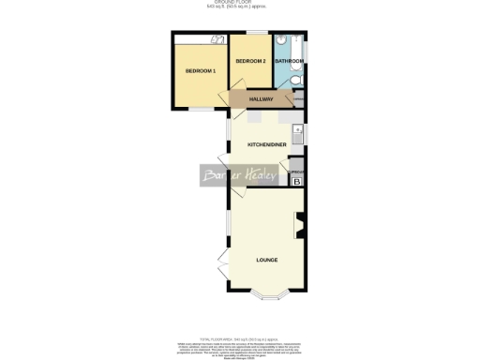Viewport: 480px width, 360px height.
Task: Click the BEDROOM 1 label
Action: pos(201,71)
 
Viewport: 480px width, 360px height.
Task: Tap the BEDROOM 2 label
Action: pos(250,61)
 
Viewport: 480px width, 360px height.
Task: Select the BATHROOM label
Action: pos(288,62)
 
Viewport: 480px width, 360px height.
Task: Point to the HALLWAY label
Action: pos(261,99)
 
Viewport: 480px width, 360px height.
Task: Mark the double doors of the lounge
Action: pos(223,267)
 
